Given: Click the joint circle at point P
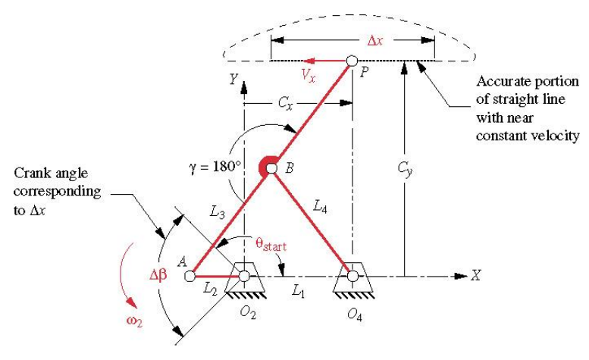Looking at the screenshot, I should coord(352,61).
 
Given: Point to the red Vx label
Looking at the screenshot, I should coord(306,76).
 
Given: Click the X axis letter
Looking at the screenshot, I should coord(475,276).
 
